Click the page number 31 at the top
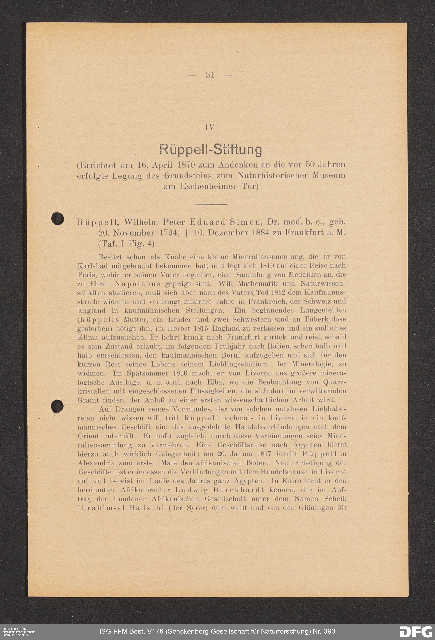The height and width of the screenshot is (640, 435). (x=210, y=75)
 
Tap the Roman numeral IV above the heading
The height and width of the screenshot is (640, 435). (x=210, y=128)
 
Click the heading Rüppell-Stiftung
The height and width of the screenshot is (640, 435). (x=211, y=150)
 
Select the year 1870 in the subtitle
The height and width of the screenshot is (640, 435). (x=187, y=165)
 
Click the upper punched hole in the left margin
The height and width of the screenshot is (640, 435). (x=58, y=219)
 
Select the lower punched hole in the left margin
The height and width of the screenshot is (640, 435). (x=57, y=407)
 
